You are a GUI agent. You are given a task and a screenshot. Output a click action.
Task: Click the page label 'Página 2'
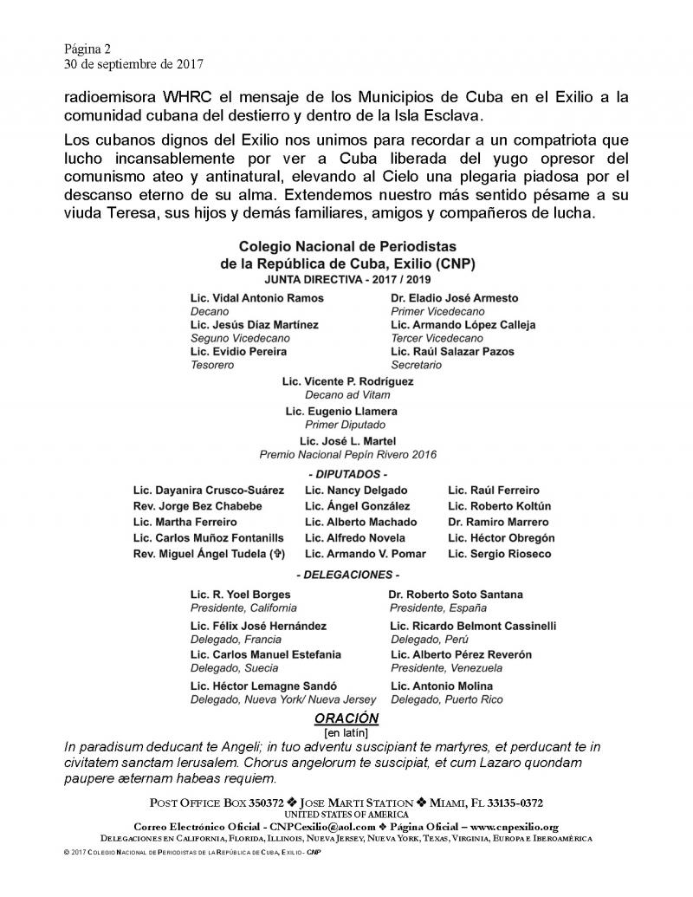(87, 49)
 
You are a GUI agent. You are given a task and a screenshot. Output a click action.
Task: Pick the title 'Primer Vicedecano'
(437, 311)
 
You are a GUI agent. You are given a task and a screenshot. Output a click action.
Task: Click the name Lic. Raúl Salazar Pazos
(452, 351)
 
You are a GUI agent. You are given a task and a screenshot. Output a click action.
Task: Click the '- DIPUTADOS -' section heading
(347, 474)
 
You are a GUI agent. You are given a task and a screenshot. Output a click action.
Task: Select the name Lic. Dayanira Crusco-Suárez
(208, 491)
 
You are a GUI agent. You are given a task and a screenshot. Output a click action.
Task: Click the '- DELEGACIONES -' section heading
(347, 575)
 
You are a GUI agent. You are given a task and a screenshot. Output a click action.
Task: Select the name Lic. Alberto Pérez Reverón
(461, 654)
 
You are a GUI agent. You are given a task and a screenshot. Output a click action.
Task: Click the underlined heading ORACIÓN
(346, 718)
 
